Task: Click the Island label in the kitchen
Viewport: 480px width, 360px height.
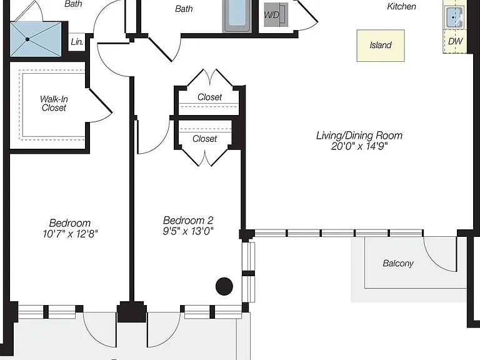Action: (x=381, y=45)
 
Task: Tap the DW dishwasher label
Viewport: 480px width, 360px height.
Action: (x=455, y=41)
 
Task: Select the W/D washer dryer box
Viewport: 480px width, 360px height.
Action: (x=276, y=15)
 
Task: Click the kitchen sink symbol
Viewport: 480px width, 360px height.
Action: (x=454, y=17)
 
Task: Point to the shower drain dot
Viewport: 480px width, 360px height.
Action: (x=27, y=39)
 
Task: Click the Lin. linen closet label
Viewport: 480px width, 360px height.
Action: (x=76, y=42)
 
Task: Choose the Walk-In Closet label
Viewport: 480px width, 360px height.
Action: (x=54, y=104)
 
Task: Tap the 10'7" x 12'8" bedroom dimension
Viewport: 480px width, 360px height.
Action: (x=70, y=234)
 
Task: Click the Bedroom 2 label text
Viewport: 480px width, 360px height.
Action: (x=188, y=220)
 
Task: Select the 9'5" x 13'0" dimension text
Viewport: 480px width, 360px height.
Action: (x=188, y=231)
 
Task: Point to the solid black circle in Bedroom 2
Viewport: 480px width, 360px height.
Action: (x=224, y=286)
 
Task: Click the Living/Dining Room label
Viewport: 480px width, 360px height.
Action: (x=359, y=136)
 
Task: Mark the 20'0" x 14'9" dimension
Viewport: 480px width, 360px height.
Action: (x=359, y=146)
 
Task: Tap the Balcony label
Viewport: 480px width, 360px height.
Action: (x=398, y=263)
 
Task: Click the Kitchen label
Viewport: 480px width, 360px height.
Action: (x=401, y=6)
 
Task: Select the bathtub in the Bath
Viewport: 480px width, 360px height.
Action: (x=237, y=16)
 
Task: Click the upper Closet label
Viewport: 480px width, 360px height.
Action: (x=209, y=97)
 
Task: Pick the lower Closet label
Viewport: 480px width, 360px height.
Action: (x=204, y=139)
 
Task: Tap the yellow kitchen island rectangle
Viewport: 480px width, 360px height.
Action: (x=381, y=46)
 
